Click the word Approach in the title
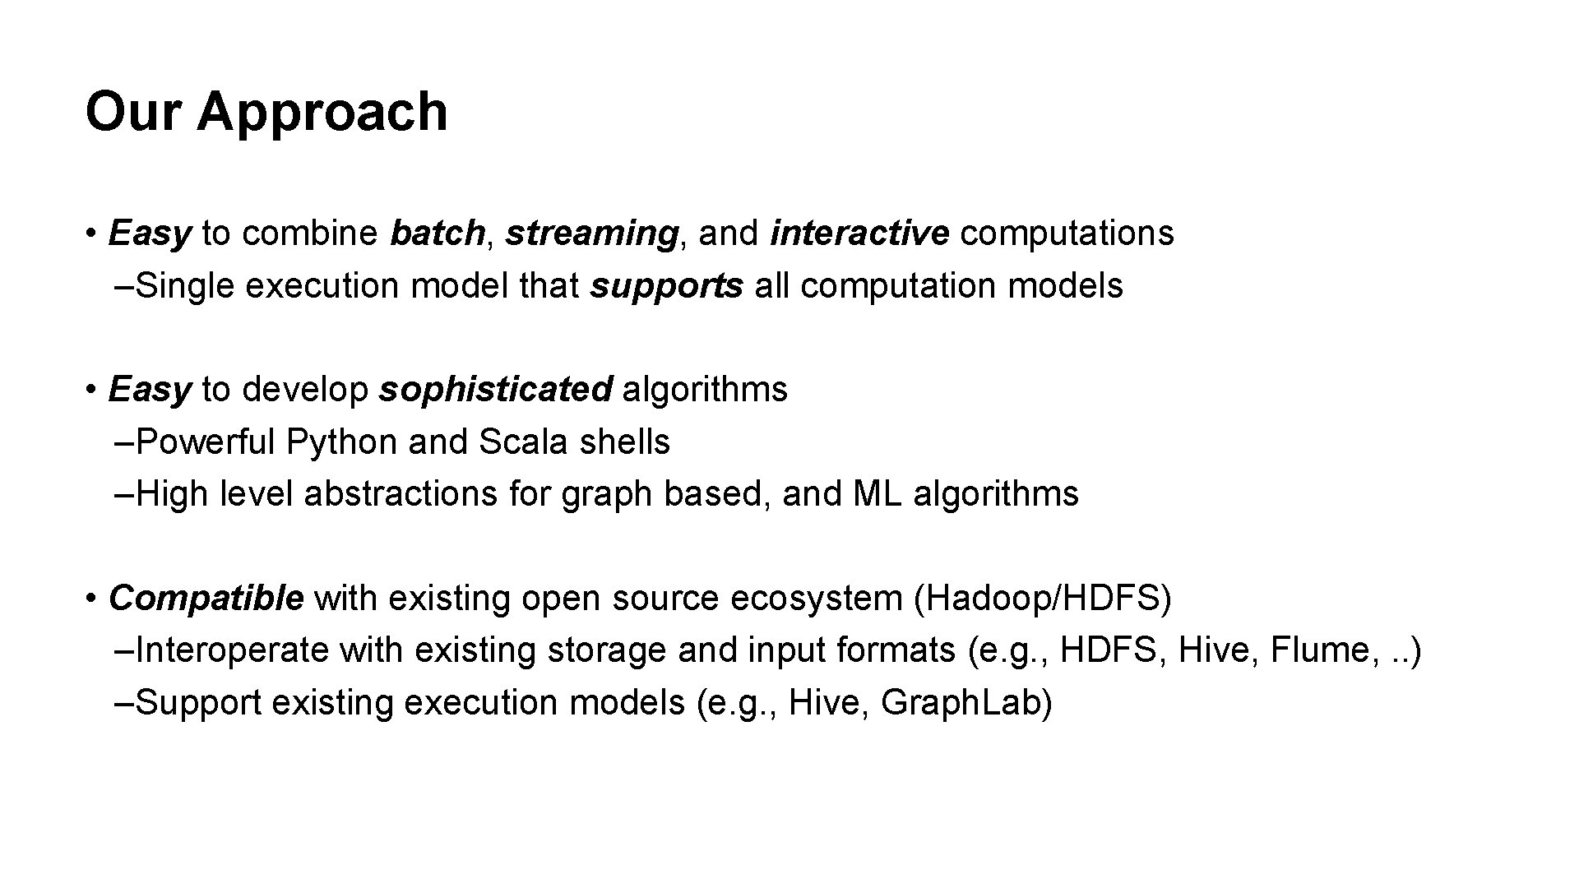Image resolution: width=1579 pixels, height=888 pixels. tap(322, 113)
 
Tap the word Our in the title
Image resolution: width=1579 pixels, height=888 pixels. tap(132, 111)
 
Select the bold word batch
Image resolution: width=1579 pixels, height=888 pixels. tap(438, 234)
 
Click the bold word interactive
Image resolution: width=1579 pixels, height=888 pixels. tap(859, 234)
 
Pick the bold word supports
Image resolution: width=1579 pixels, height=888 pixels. tap(667, 287)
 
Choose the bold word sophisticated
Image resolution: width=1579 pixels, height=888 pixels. tap(495, 390)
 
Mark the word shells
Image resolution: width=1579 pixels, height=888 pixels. tap(625, 442)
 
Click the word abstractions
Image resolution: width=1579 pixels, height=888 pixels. tap(401, 494)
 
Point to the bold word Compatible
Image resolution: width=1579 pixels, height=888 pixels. tap(206, 599)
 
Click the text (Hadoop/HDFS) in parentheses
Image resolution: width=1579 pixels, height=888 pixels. tap(1043, 599)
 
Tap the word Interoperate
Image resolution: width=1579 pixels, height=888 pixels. tap(232, 651)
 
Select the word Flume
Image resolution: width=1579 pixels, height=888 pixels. tap(1321, 650)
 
